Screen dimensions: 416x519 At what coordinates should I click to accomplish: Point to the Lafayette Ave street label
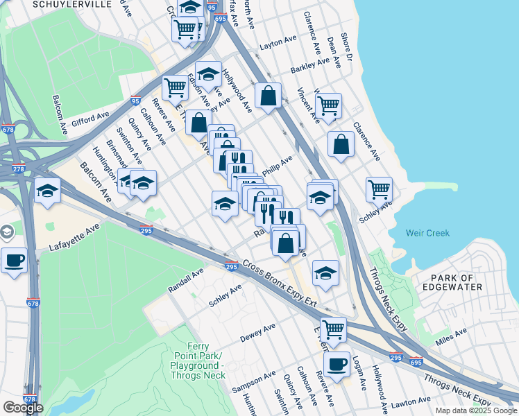pyautogui.click(x=76, y=237)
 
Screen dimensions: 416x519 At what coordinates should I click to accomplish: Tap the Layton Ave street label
pyautogui.click(x=278, y=44)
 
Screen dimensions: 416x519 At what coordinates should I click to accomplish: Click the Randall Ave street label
pyautogui.click(x=185, y=280)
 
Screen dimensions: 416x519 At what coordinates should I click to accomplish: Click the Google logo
pyautogui.click(x=23, y=408)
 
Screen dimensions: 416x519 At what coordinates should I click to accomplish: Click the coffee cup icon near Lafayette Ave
pyautogui.click(x=14, y=261)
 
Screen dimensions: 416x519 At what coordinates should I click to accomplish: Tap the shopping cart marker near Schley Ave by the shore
pyautogui.click(x=380, y=189)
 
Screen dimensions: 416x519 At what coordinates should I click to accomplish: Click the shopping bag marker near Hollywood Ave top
pyautogui.click(x=268, y=94)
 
